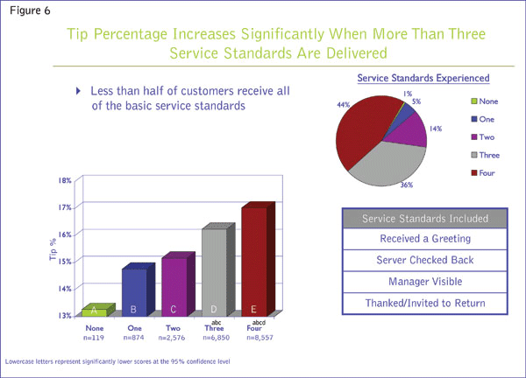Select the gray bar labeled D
[214, 271]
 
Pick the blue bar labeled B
[134, 290]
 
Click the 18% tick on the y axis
[65, 181]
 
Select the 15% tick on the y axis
[65, 261]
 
